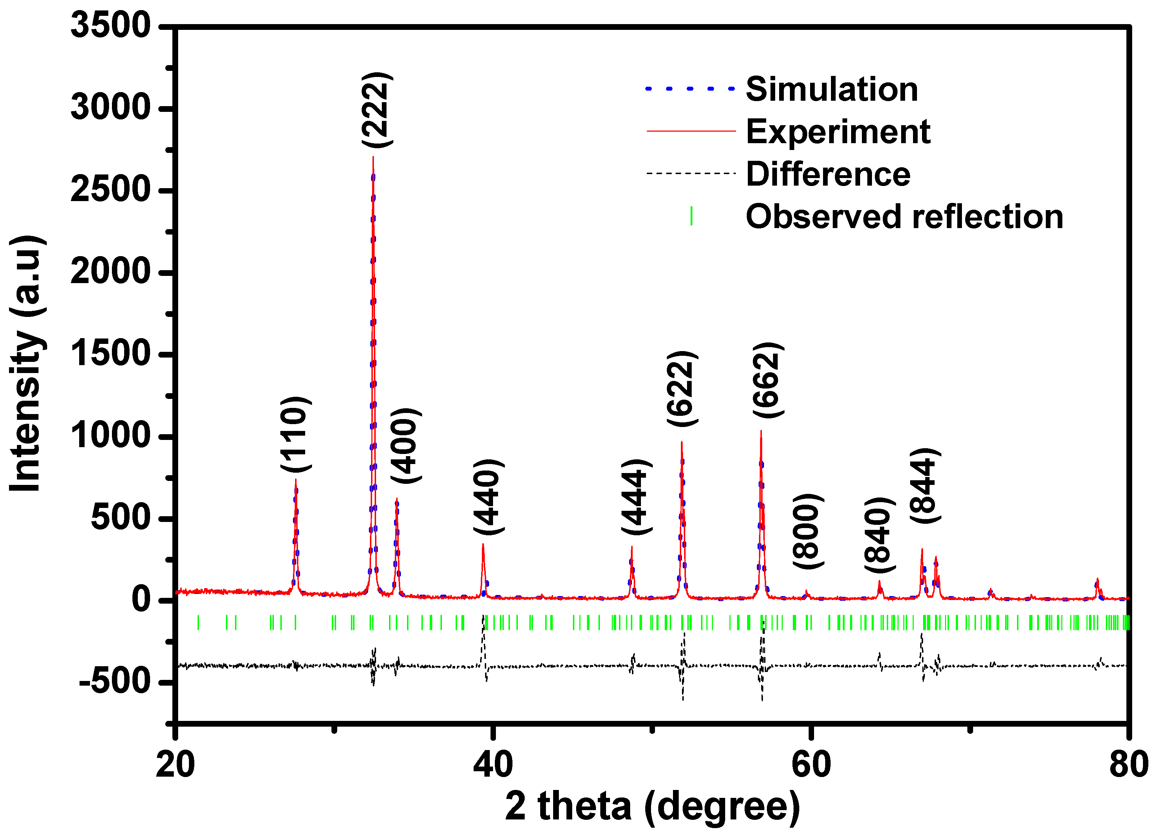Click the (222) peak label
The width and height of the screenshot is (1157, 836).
377,110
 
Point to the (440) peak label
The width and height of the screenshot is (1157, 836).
488,497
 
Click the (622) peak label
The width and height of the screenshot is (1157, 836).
682,389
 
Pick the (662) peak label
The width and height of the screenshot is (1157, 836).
768,381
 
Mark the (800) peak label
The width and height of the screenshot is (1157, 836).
808,531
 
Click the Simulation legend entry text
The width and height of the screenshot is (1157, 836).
832,89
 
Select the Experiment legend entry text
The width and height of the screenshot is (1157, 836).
838,132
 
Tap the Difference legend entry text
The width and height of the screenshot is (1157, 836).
827,174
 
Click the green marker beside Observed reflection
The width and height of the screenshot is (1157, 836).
691,216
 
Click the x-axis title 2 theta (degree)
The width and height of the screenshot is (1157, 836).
652,806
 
